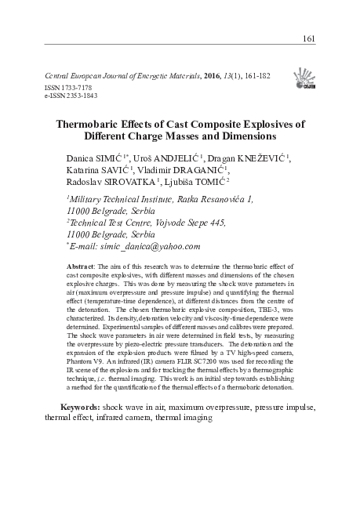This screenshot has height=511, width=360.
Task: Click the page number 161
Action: click(308, 39)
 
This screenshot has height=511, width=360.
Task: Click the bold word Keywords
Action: click(81, 408)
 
